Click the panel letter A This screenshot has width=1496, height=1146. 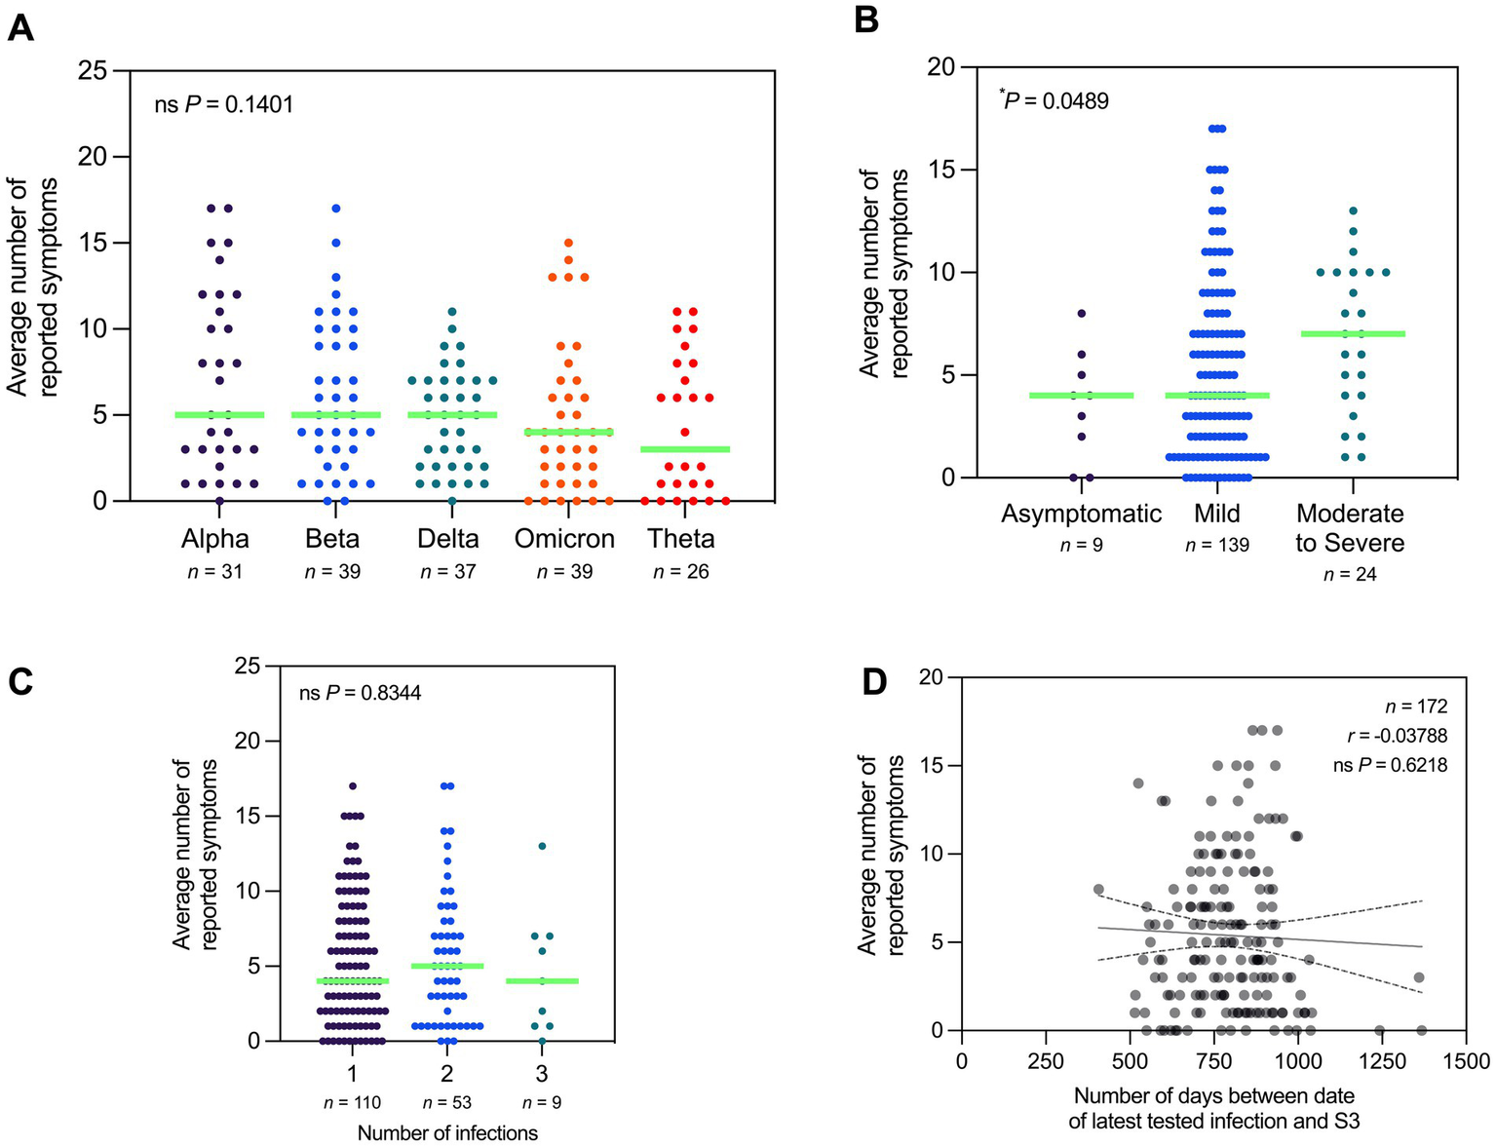20,28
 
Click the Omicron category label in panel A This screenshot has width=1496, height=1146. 564,539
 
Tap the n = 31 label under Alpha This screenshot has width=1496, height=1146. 215,572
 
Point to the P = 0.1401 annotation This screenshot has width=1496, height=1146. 224,103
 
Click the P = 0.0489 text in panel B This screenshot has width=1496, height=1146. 1055,100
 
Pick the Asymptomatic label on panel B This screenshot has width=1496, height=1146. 1081,514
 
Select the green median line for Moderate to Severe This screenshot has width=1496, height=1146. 1353,334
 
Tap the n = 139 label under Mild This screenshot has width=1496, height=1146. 1217,546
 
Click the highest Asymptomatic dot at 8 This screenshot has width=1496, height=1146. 1081,314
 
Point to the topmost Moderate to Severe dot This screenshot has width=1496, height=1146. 1353,210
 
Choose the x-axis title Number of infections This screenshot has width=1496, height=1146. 447,1132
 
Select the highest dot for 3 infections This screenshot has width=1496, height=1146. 543,846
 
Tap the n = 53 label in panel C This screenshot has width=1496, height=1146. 447,1103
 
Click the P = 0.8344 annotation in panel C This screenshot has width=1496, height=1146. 360,694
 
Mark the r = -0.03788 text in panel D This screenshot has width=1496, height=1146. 1395,736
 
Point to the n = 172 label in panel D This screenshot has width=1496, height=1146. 1416,707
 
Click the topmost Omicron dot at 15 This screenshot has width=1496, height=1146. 568,244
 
